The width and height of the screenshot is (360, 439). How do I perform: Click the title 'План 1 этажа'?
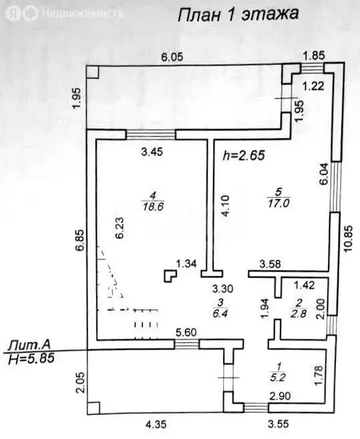point(238,14)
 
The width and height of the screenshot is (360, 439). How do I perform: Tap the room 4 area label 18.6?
point(153,206)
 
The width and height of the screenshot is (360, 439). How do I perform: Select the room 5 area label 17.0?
point(279,203)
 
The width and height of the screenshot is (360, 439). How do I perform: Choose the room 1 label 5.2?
point(278,378)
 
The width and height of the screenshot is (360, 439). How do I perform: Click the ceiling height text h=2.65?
point(244,156)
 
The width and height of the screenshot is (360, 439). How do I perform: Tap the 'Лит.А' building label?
point(29,345)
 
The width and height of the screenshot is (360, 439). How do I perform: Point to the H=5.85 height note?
point(31,358)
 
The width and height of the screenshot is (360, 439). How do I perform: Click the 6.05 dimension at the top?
point(172,57)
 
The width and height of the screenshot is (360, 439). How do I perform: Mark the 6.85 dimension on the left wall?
point(79,241)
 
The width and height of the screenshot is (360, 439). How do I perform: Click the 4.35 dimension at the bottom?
point(155,424)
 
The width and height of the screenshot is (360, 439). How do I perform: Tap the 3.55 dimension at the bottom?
point(278,424)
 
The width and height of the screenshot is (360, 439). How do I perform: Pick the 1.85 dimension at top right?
point(315,55)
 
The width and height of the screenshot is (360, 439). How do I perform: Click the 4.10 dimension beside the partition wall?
point(225,206)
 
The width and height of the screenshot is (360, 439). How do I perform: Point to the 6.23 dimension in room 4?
point(120,228)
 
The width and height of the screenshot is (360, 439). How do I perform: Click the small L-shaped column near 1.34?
point(169,276)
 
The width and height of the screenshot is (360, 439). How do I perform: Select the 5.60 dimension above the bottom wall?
point(186,333)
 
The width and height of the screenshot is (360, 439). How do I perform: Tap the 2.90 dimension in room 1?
point(280,396)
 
